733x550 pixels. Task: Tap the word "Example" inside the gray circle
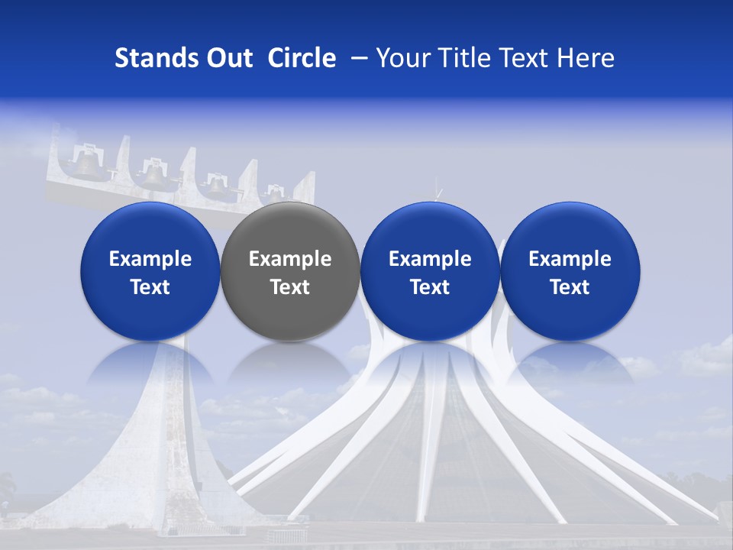(290, 259)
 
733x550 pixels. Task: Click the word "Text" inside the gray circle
(290, 287)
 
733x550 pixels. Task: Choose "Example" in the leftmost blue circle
(150, 259)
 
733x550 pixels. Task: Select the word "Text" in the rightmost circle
(570, 287)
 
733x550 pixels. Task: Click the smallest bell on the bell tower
(274, 194)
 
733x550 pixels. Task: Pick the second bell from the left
(154, 174)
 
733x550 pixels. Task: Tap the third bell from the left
(218, 186)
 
